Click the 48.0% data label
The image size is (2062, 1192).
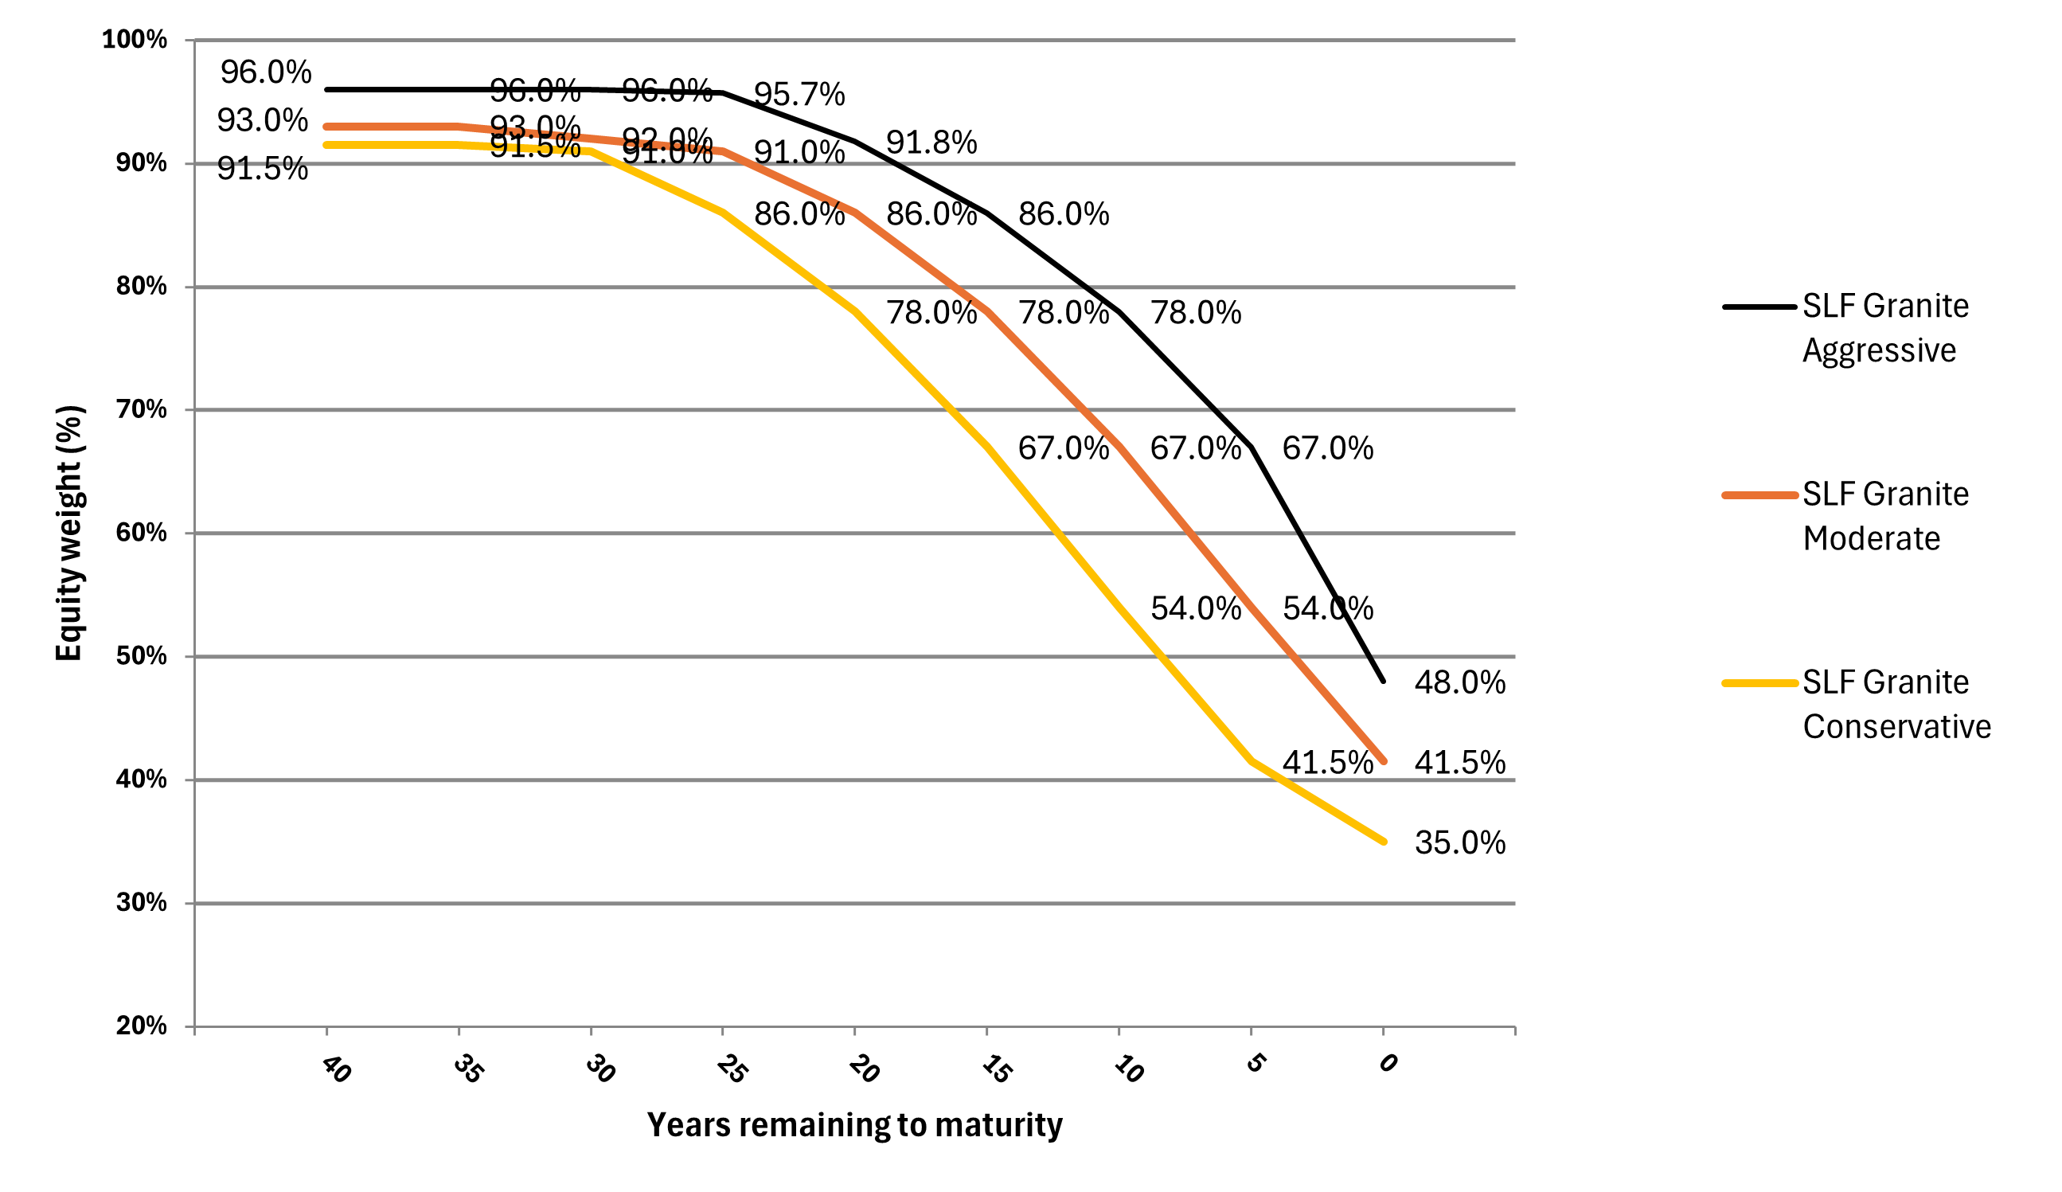[x=1459, y=682]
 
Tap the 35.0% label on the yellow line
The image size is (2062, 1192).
[x=1459, y=842]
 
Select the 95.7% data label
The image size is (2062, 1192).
[x=799, y=94]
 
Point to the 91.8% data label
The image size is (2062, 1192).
[x=931, y=143]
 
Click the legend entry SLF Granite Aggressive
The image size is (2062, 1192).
[x=1884, y=327]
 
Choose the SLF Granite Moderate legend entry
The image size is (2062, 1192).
[x=1884, y=515]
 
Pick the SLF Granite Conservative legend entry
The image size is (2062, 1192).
[x=1895, y=704]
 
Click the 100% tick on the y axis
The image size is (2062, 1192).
[x=135, y=39]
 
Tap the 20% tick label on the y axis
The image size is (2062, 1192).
[x=141, y=1026]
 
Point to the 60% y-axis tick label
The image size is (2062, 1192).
[x=141, y=533]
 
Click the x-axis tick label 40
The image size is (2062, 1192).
[x=335, y=1069]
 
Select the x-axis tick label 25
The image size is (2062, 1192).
[x=731, y=1069]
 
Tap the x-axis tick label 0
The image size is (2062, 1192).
[x=1387, y=1063]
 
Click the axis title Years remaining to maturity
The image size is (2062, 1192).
[x=854, y=1125]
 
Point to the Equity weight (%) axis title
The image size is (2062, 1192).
[x=68, y=533]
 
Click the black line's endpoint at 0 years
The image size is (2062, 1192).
[x=1383, y=680]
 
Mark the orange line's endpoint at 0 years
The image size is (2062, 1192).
[x=1383, y=761]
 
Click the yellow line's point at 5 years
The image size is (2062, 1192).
[x=1251, y=761]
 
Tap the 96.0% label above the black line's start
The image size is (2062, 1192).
[x=266, y=72]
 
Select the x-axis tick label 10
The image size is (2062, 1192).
[x=1127, y=1069]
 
